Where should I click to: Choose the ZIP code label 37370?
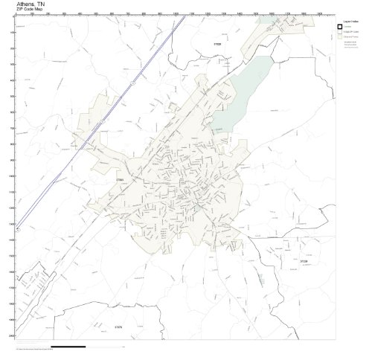pos(118,326)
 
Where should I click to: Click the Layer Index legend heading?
pos(347,21)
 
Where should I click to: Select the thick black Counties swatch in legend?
pos(339,27)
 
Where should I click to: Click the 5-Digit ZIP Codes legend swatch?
pos(339,33)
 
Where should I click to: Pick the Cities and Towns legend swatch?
pos(339,39)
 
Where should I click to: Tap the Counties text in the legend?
pos(348,27)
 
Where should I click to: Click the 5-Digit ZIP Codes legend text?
pos(350,33)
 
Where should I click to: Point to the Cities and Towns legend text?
pos(350,39)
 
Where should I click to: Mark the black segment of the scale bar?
pos(68,347)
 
